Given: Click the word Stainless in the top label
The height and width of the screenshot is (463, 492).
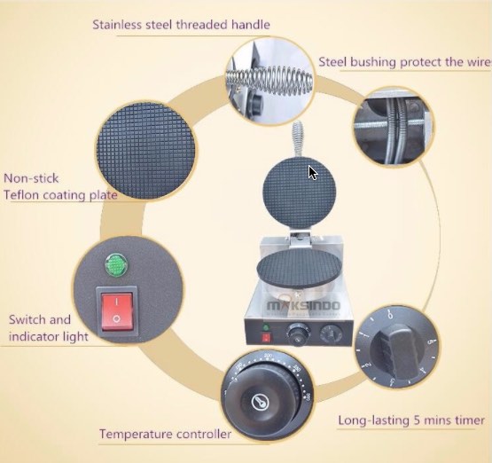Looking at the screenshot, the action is click(x=117, y=25).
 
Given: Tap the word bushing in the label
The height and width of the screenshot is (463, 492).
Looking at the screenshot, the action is click(x=372, y=62).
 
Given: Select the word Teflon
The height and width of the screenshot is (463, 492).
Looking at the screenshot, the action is click(x=21, y=195).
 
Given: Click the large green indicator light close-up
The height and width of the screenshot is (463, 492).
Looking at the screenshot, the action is click(x=116, y=263).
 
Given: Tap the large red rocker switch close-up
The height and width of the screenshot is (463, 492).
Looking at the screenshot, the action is click(x=117, y=311).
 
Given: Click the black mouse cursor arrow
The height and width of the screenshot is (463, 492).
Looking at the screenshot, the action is click(x=313, y=173).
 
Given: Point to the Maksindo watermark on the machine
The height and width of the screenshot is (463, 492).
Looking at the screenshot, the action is click(x=303, y=305).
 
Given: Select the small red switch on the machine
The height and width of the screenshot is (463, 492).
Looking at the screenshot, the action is click(x=267, y=338).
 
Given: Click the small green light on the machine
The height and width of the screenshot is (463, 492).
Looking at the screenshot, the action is click(x=266, y=328).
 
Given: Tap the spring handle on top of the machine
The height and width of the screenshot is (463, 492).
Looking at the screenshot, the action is click(x=299, y=138).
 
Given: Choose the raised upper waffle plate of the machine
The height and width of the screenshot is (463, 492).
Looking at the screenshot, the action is click(x=300, y=192).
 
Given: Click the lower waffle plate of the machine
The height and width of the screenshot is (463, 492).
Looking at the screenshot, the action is click(x=299, y=268).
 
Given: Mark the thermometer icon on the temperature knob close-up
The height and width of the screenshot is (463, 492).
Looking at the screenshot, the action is click(x=261, y=402).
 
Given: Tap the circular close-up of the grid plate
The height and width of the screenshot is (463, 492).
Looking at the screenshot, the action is click(x=145, y=151).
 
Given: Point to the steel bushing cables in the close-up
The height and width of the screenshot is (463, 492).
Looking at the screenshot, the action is click(x=396, y=129).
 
